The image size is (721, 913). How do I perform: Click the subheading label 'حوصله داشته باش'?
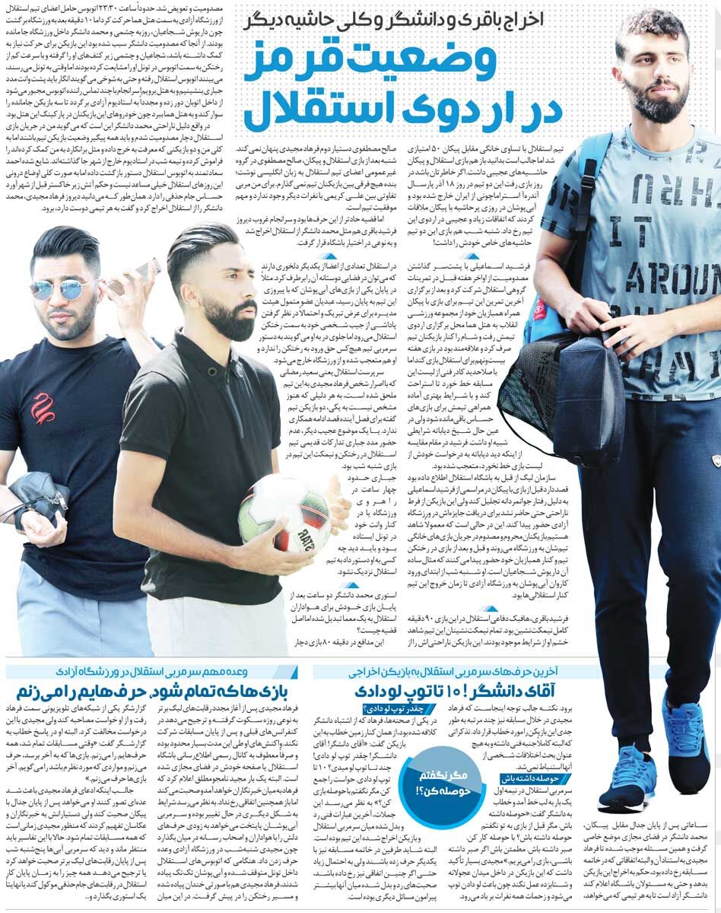531,778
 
